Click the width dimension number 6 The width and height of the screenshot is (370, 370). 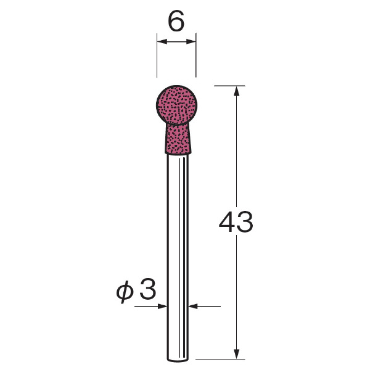click(176, 21)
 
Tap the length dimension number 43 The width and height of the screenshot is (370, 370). click(236, 221)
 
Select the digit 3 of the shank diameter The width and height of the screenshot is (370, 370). click(148, 289)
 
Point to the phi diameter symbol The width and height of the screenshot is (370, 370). click(125, 292)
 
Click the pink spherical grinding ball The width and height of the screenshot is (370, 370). click(176, 105)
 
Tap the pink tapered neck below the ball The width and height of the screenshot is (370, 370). click(178, 139)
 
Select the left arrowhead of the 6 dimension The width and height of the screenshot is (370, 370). click(162, 42)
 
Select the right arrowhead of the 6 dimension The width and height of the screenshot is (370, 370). click(191, 42)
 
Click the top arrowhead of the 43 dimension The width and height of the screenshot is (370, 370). click(236, 91)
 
